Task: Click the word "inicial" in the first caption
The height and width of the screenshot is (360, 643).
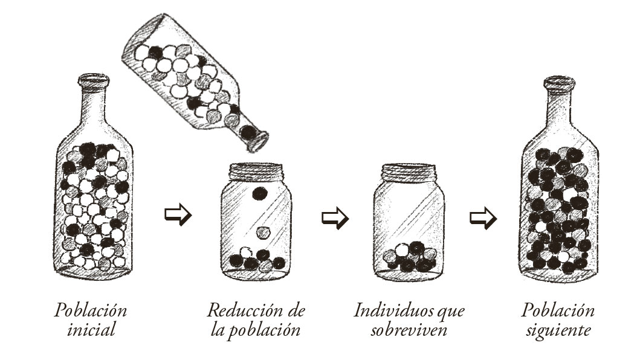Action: click(91, 330)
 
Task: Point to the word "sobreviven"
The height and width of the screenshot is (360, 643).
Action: click(409, 330)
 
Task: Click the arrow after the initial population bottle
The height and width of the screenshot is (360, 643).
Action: click(178, 214)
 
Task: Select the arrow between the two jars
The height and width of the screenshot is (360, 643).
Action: click(335, 217)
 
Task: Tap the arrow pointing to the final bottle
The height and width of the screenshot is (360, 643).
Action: click(483, 217)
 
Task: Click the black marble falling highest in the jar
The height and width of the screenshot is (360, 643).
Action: click(260, 193)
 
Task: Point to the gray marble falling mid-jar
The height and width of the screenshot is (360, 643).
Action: click(263, 233)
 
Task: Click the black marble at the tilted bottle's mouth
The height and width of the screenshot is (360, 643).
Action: click(248, 132)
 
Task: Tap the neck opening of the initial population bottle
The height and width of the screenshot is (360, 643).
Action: click(94, 79)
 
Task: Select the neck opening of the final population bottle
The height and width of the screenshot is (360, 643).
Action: click(560, 81)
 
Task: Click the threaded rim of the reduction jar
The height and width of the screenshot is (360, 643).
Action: click(256, 172)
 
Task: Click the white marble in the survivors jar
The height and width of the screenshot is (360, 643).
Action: click(402, 249)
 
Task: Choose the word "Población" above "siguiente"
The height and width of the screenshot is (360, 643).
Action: click(558, 310)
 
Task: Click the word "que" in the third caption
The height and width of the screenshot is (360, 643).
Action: click(450, 312)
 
